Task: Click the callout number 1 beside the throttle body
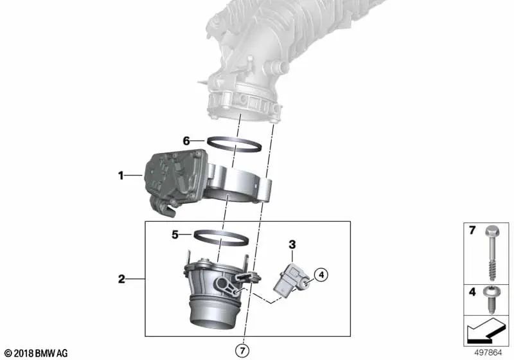tap(120, 174)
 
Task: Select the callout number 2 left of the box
tap(121, 279)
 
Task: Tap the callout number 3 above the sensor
tap(292, 244)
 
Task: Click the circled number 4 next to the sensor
tap(321, 275)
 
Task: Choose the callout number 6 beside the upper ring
tap(186, 140)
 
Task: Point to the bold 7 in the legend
tap(472, 230)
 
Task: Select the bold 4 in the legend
tap(472, 292)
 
